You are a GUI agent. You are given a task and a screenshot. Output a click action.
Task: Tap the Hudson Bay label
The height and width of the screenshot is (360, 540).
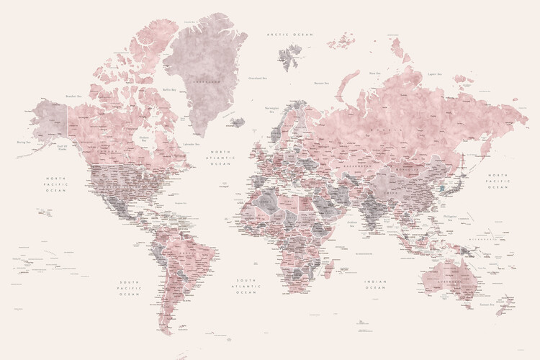point(144,139)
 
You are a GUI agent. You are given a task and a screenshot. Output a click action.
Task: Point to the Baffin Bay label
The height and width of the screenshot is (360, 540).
point(169,89)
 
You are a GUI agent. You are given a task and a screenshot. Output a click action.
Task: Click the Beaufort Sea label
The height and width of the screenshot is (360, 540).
point(73,94)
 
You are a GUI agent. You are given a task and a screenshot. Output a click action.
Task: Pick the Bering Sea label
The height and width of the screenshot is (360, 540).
point(23,143)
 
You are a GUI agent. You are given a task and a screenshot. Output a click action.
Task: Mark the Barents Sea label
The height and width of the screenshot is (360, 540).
point(321,83)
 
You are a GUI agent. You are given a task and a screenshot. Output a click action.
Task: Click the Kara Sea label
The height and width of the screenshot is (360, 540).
point(374,73)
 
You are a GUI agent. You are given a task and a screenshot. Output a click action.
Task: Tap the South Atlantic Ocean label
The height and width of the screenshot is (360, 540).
point(247,287)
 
